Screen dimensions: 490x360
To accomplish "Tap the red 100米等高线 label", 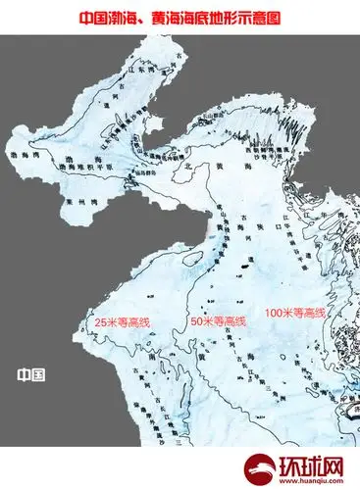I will coord(298,312).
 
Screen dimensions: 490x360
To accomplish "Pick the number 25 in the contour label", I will coord(95,320).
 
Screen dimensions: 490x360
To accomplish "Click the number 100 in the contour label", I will coord(276,312).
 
